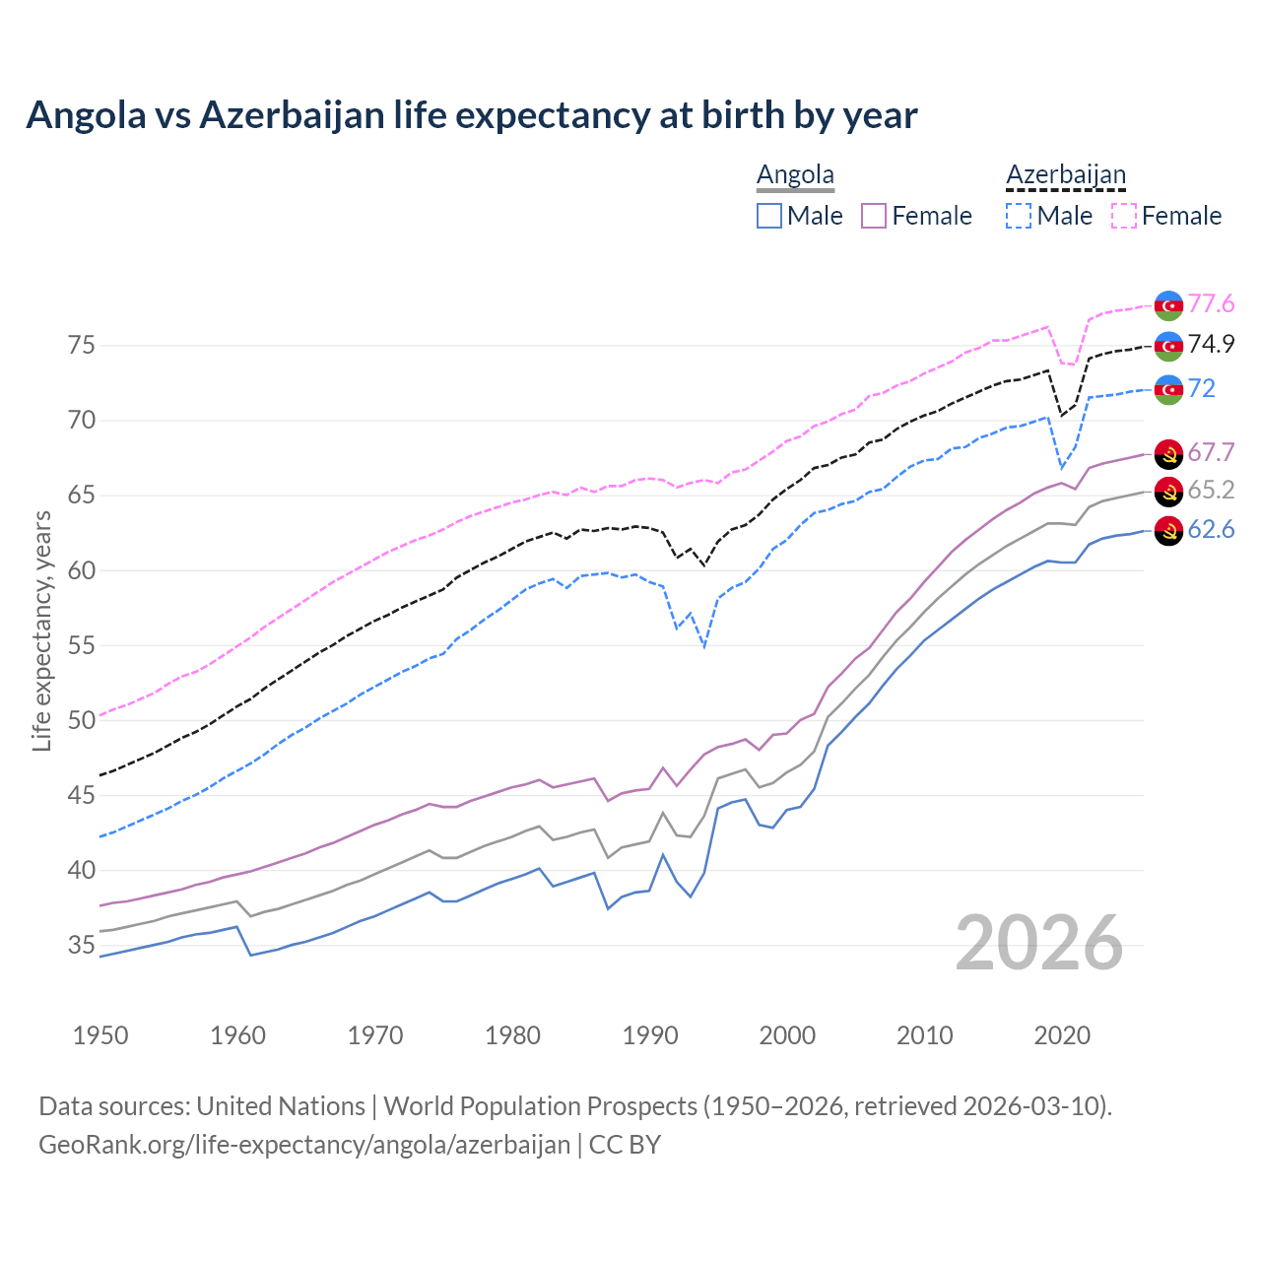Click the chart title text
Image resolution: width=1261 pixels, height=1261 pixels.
(471, 115)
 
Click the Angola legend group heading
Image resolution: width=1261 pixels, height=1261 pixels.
(795, 174)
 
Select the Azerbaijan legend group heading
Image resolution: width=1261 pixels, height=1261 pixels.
(1065, 174)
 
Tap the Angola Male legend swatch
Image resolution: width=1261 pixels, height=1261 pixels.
(769, 216)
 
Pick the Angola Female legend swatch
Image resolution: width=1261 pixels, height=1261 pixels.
(874, 216)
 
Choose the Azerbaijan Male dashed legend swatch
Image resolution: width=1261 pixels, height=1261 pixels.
(1019, 216)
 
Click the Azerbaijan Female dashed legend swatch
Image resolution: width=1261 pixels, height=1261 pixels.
(1124, 216)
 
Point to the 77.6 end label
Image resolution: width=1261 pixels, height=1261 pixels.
(1211, 304)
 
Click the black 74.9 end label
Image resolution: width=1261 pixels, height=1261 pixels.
(1211, 345)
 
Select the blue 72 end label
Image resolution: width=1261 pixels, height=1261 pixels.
(1201, 388)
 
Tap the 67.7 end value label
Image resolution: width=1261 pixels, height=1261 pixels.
(1211, 452)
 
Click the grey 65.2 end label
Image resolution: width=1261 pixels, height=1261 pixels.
(1211, 491)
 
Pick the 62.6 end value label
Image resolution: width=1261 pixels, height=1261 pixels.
(1211, 530)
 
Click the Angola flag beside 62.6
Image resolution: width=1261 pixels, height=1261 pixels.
(1168, 531)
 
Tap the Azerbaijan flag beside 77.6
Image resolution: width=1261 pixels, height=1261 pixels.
(1168, 305)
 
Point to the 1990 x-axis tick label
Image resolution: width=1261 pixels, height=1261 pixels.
(650, 1035)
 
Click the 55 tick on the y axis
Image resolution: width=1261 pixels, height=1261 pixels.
(81, 645)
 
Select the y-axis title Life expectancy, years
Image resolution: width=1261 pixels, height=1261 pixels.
(41, 630)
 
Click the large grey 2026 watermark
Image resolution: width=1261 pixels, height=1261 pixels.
(1038, 943)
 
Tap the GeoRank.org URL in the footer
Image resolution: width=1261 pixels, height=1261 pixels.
(304, 1145)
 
